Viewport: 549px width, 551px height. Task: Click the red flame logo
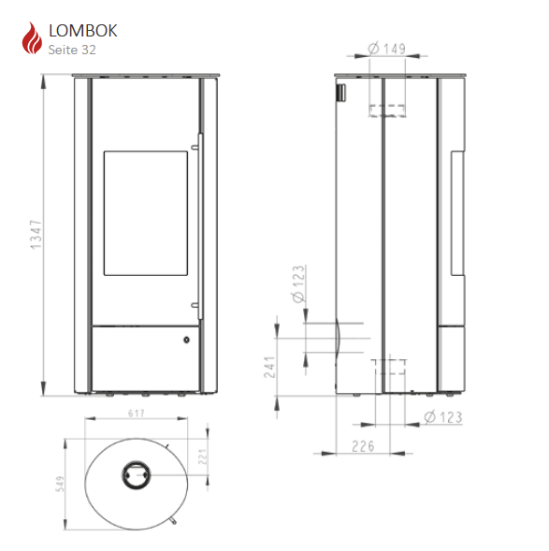pos(32,38)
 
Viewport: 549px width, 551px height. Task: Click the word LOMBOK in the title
pos(83,31)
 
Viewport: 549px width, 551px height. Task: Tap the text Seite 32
pos(72,50)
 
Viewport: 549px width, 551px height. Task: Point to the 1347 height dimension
pos(36,235)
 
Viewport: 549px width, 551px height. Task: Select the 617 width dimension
pos(137,413)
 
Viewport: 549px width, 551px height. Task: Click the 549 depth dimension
pos(60,484)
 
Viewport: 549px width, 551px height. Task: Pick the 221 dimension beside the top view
pos(203,457)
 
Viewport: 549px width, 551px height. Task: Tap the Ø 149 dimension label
pos(386,49)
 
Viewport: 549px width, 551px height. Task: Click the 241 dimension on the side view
pos(269,367)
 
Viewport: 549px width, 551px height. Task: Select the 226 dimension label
pos(363,446)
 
